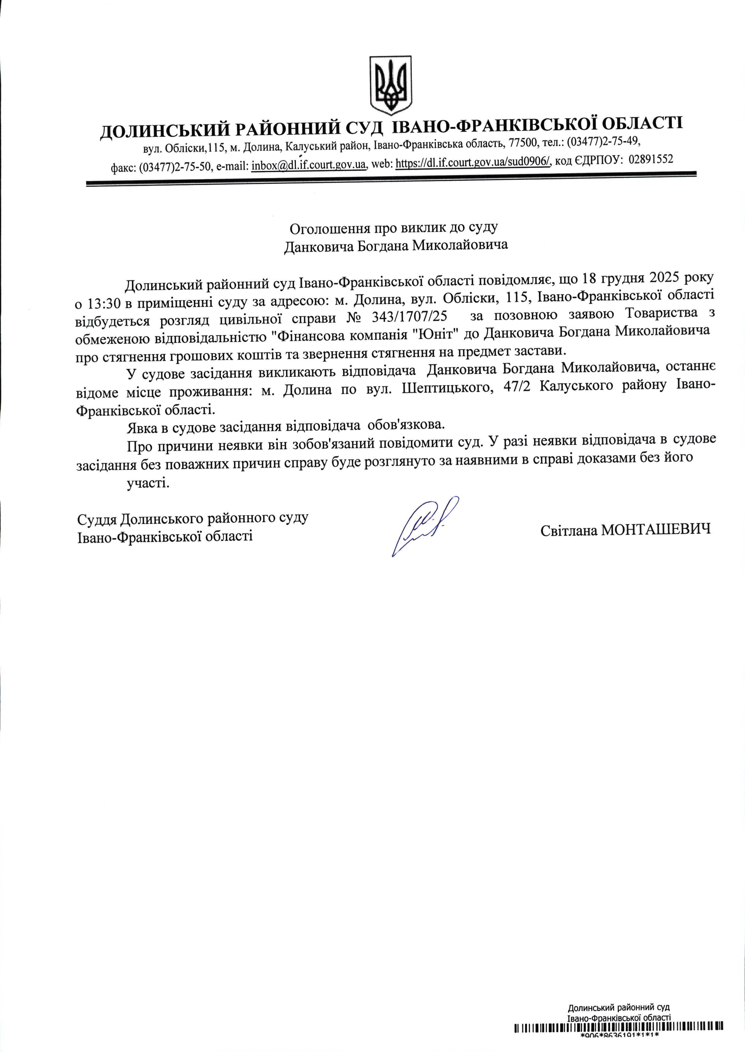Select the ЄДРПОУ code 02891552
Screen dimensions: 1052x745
click(651, 159)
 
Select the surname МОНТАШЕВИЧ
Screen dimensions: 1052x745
click(656, 529)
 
